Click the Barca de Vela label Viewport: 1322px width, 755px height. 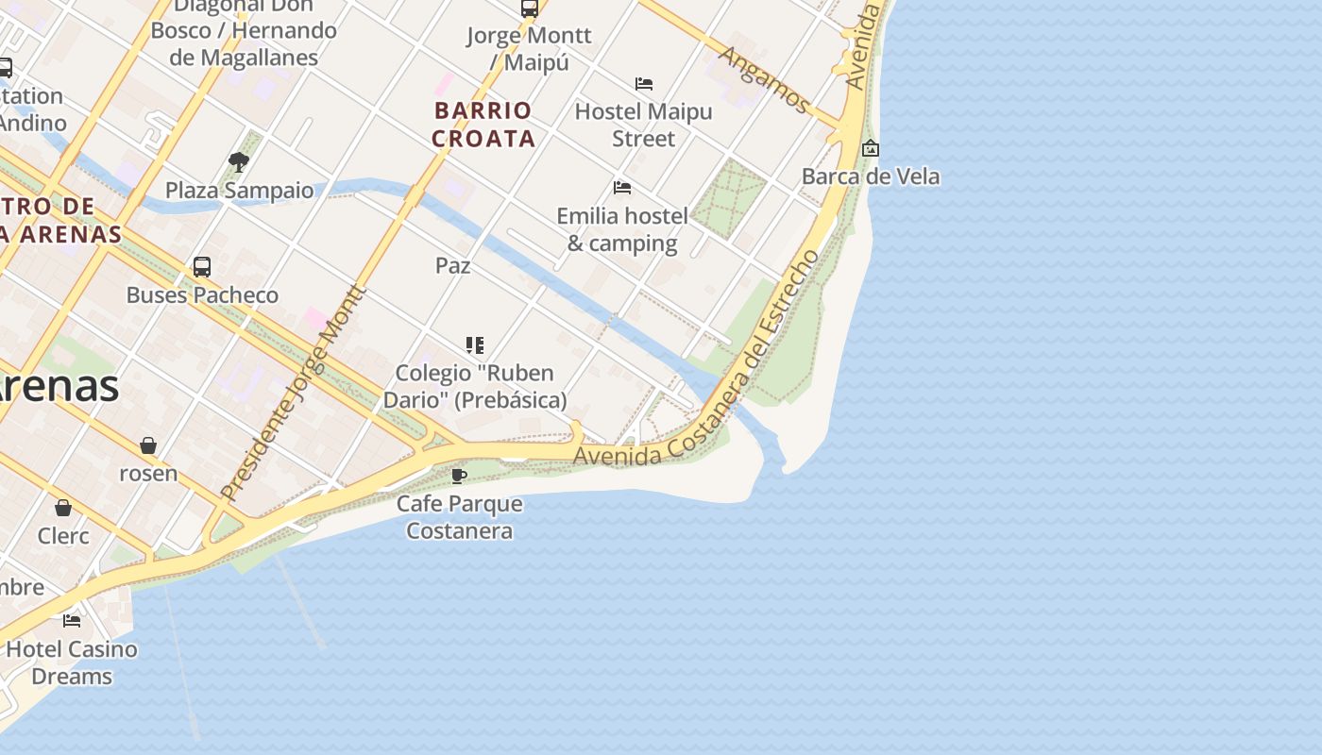pyautogui.click(x=870, y=176)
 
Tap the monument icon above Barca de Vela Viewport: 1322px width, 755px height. pyautogui.click(x=871, y=148)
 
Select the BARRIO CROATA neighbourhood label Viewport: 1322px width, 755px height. pyautogui.click(x=483, y=125)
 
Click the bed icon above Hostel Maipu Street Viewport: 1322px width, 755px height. pyautogui.click(x=644, y=84)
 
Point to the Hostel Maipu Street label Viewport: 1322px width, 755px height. pyautogui.click(x=643, y=125)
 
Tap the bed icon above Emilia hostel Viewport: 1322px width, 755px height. pyautogui.click(x=622, y=188)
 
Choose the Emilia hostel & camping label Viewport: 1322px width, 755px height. pyautogui.click(x=622, y=229)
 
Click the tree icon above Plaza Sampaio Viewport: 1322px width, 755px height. pyautogui.click(x=239, y=162)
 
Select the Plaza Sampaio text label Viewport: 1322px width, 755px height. pyautogui.click(x=239, y=191)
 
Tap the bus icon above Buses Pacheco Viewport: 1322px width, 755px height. pyautogui.click(x=202, y=267)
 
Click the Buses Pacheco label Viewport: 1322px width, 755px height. pyautogui.click(x=202, y=295)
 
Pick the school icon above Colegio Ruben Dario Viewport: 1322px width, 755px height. pyautogui.click(x=474, y=345)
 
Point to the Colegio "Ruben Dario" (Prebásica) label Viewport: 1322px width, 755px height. pyautogui.click(x=474, y=386)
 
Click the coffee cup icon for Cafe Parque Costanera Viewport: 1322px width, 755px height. pyautogui.click(x=459, y=476)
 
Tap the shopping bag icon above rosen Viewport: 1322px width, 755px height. pyautogui.click(x=148, y=445)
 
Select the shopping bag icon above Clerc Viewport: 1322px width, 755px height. pyautogui.click(x=63, y=509)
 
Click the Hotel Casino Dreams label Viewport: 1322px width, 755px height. pyautogui.click(x=72, y=663)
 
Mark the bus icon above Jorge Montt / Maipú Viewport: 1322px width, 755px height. pyautogui.click(x=530, y=8)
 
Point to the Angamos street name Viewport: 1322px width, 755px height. pyautogui.click(x=763, y=79)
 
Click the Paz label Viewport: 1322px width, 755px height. pyautogui.click(x=453, y=266)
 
